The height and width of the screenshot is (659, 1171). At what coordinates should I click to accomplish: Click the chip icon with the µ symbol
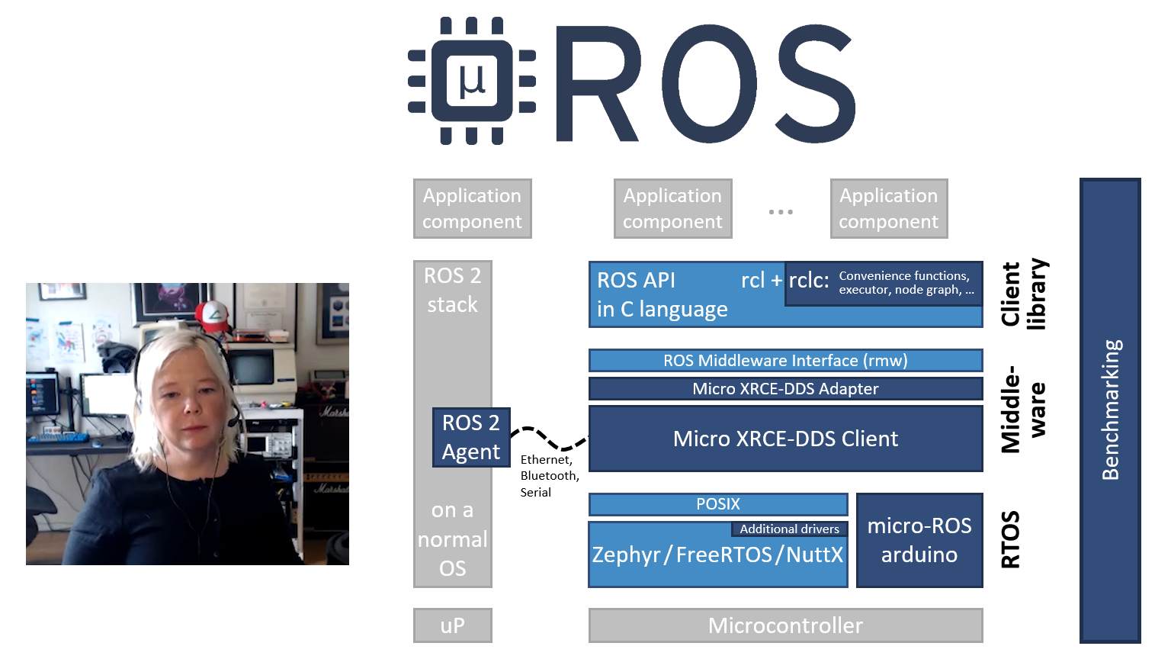471,81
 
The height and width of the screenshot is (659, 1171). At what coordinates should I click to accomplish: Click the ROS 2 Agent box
471,437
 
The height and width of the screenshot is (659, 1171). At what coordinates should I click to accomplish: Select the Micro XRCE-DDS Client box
785,439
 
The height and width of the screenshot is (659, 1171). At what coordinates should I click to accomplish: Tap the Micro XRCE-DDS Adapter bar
785,389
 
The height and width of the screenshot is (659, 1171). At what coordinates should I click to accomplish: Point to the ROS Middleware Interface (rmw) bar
785,361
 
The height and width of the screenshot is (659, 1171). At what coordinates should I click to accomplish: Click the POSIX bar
717,504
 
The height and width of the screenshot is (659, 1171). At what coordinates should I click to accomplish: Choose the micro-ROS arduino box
919,540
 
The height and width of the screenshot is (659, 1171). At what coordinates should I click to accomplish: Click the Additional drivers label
789,529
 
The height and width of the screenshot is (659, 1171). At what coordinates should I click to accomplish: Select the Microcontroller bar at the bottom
785,625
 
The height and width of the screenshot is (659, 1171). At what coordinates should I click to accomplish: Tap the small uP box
452,625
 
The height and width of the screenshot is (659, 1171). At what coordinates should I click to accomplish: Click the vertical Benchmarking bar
1110,410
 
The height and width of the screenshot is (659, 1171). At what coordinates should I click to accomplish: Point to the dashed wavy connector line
549,439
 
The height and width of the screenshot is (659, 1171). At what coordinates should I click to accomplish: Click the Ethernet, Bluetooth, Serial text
549,476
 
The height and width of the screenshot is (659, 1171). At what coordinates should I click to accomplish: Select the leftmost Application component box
472,208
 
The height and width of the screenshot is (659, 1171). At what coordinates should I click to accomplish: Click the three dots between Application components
781,211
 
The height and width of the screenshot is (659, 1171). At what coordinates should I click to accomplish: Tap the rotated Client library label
1023,294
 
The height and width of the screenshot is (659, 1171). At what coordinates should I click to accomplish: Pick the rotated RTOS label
1010,540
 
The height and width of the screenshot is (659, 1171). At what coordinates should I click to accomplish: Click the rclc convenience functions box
884,283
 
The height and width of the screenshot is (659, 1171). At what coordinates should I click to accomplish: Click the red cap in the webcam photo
213,314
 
